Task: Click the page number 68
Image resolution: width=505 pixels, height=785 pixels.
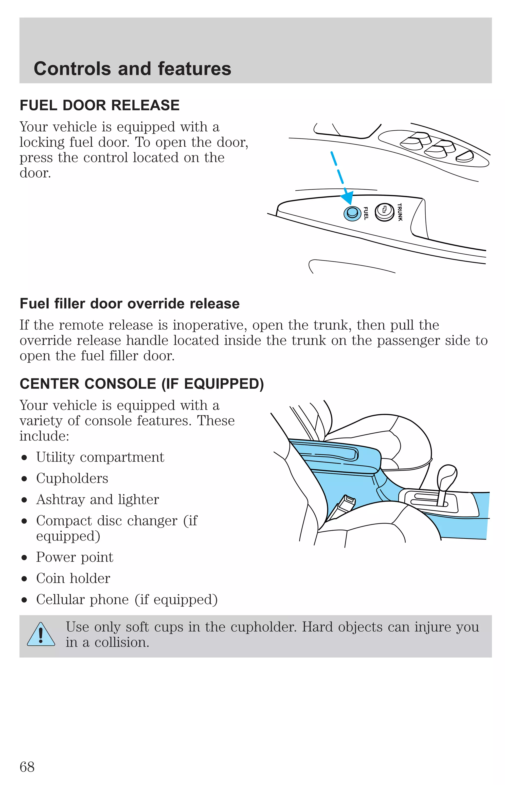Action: coord(27,767)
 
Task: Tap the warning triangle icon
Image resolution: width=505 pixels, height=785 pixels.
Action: coord(41,635)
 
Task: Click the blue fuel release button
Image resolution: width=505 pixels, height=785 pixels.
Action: coord(352,213)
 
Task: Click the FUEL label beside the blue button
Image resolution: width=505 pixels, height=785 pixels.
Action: coord(366,213)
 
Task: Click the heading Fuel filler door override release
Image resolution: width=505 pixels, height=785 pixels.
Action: coord(129,304)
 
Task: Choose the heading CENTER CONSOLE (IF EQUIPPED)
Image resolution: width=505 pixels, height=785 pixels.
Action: coord(142,384)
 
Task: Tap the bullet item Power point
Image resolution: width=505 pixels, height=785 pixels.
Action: coord(74,557)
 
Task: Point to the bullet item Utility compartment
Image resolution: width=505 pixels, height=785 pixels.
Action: coord(100,457)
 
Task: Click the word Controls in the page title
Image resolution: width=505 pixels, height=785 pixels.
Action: coord(72,69)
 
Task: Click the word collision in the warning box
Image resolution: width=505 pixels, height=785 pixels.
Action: coord(122,643)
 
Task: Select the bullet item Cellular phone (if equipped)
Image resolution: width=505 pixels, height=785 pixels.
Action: coord(126,600)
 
